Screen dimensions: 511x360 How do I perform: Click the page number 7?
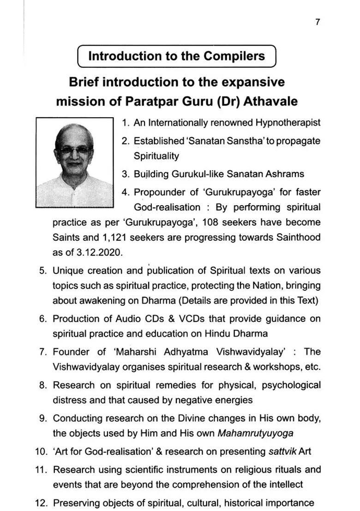point(318,22)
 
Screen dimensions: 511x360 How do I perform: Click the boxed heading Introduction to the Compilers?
point(176,56)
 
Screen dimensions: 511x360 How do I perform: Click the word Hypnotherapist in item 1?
point(288,123)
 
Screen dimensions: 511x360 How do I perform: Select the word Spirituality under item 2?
point(156,156)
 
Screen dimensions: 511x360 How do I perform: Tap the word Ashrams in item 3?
point(285,174)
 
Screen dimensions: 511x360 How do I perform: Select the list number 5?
point(42,271)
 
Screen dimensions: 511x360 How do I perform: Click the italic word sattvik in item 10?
point(282,451)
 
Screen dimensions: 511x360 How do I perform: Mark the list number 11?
point(41,470)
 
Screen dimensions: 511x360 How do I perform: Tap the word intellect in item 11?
point(285,484)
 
